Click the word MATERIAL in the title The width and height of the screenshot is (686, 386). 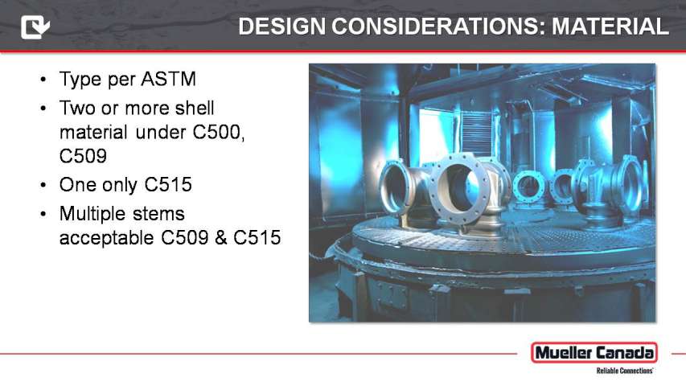tap(610, 27)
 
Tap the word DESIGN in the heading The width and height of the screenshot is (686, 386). tap(282, 27)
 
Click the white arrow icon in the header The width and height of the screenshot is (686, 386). tap(35, 27)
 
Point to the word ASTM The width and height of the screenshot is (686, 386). tap(168, 80)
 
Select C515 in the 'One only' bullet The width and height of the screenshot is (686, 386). tap(168, 185)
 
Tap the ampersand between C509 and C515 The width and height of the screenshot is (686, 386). tap(221, 238)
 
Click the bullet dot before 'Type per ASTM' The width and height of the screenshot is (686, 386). tap(43, 80)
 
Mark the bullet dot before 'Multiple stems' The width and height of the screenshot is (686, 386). tap(43, 215)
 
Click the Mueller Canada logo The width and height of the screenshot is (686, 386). tap(594, 353)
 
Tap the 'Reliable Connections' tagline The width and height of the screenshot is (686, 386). tap(625, 371)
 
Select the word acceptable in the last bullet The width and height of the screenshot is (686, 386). tap(107, 238)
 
